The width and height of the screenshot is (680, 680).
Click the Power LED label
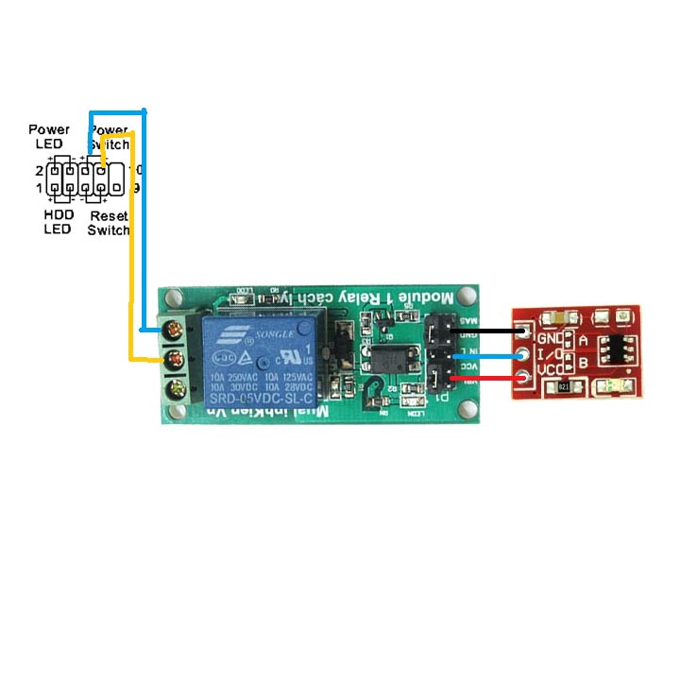pyautogui.click(x=49, y=136)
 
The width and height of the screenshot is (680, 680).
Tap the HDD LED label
pyautogui.click(x=59, y=222)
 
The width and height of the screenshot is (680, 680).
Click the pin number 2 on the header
pyautogui.click(x=40, y=171)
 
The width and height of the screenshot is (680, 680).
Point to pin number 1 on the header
pyautogui.click(x=40, y=188)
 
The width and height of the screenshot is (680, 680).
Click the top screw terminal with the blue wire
pyautogui.click(x=173, y=331)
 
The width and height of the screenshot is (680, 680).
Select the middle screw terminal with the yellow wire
pyautogui.click(x=173, y=360)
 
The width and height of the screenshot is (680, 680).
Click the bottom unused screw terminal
pyautogui.click(x=173, y=389)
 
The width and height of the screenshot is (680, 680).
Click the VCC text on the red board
pyautogui.click(x=551, y=368)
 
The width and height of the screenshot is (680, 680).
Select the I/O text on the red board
pyautogui.click(x=551, y=353)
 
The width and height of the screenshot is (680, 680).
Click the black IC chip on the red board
pyautogui.click(x=615, y=351)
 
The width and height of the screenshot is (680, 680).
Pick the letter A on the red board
pyautogui.click(x=583, y=340)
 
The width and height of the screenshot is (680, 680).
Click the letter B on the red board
pyautogui.click(x=583, y=363)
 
